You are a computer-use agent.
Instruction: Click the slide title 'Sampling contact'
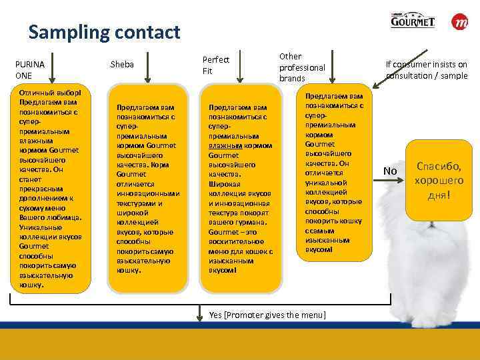[x=104, y=31]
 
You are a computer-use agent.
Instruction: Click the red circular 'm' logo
[x=460, y=22]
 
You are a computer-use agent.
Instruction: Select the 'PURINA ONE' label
[x=29, y=69]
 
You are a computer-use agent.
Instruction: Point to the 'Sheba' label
[x=122, y=65]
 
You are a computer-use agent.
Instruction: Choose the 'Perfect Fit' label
[x=215, y=65]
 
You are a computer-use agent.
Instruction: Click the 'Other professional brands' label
[x=301, y=67]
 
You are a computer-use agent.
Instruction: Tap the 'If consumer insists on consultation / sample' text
[x=427, y=70]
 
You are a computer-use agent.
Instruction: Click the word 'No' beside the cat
[x=390, y=172]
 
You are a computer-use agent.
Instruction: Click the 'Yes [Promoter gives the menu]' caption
[x=267, y=315]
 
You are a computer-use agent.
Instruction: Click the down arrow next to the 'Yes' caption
[x=201, y=311]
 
